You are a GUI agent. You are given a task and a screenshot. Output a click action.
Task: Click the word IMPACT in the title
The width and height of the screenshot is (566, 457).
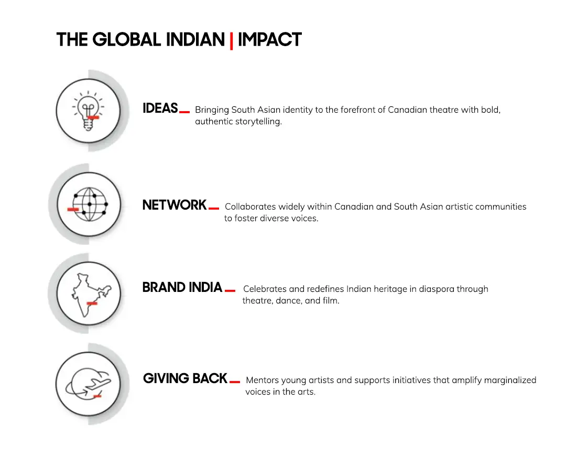point(269,40)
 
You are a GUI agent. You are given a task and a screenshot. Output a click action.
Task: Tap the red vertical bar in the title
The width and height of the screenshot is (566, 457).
point(231,40)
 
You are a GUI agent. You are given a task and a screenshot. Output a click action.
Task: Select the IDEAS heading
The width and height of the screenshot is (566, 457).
point(160,108)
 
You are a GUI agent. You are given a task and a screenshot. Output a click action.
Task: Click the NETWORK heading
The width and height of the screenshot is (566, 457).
point(175,205)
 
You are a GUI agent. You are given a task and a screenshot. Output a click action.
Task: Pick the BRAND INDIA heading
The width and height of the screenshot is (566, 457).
point(182,288)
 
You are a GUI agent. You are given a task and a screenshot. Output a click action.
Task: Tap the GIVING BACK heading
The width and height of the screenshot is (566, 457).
point(185,378)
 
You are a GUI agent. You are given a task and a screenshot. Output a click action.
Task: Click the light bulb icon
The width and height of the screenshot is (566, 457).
point(88,111)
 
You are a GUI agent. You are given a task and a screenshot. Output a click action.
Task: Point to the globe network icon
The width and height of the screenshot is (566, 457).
point(89,204)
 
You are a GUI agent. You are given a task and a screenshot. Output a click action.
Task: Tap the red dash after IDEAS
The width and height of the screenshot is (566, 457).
point(184,112)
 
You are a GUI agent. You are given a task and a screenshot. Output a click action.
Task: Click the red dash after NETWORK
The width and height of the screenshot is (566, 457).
point(214,208)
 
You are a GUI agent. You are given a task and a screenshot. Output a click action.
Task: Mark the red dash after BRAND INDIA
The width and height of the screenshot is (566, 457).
point(230,290)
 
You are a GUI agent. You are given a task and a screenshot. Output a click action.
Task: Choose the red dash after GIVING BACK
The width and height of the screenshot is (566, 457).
point(235,382)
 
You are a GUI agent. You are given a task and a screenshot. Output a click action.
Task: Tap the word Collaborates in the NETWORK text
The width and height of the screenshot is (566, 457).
point(250,207)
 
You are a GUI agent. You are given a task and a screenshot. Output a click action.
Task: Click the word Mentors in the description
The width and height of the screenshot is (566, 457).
point(262,380)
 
